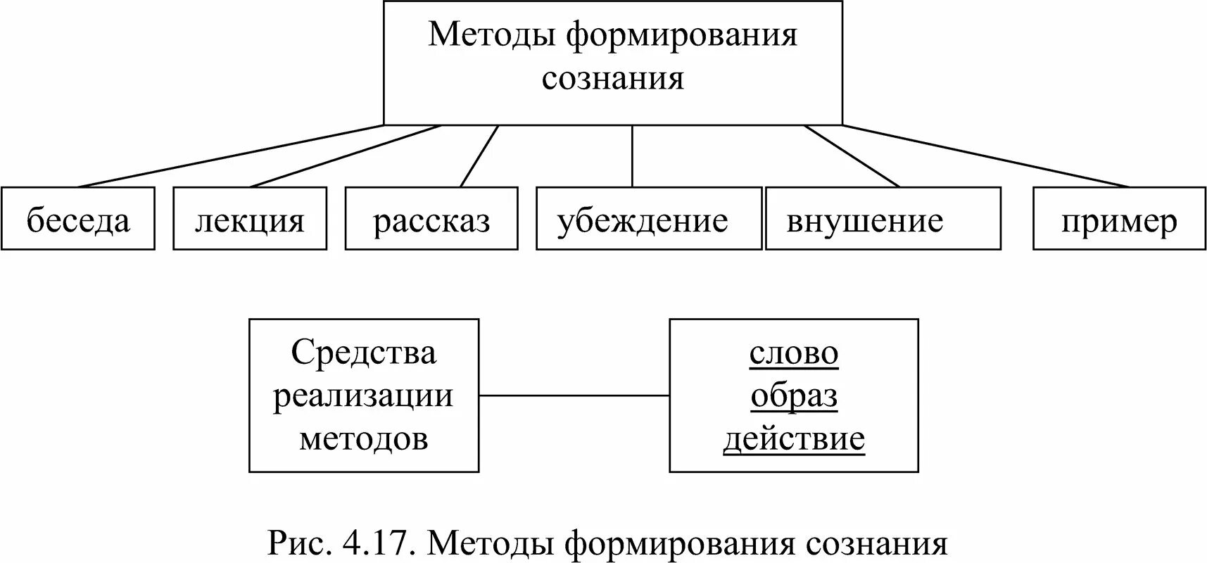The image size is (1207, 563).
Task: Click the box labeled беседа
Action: pyautogui.click(x=77, y=218)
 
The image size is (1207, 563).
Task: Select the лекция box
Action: pyautogui.click(x=250, y=218)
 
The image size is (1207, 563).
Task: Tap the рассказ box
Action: pyautogui.click(x=431, y=218)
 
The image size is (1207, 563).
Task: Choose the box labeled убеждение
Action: pyautogui.click(x=648, y=218)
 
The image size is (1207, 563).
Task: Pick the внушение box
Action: pyautogui.click(x=883, y=218)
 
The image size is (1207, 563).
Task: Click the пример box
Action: pyautogui.click(x=1119, y=218)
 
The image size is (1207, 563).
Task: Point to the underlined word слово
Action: pyautogui.click(x=794, y=353)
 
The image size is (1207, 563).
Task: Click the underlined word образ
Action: pyautogui.click(x=794, y=396)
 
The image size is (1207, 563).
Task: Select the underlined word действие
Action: pyautogui.click(x=794, y=439)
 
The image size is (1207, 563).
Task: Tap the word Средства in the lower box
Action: pyautogui.click(x=363, y=353)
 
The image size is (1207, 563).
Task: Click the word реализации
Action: pyautogui.click(x=363, y=396)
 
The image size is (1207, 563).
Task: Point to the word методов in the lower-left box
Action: pyautogui.click(x=363, y=439)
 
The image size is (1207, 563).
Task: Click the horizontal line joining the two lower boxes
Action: pyautogui.click(x=574, y=396)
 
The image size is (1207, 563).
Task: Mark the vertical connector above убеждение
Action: pyautogui.click(x=632, y=156)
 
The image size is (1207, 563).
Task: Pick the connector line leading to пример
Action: pyautogui.click(x=985, y=156)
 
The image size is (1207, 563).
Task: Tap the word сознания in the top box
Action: pyautogui.click(x=613, y=77)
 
